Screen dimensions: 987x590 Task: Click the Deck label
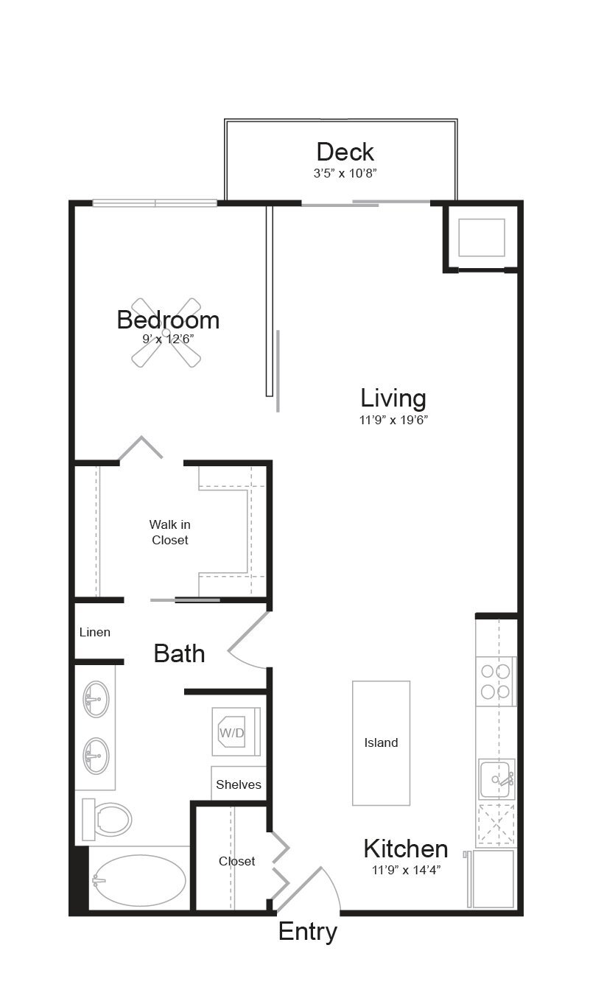point(345,152)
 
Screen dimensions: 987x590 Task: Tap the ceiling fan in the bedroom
point(166,332)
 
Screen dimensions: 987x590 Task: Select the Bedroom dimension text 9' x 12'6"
point(168,340)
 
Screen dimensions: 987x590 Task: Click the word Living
point(393,398)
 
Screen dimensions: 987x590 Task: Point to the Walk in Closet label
point(169,532)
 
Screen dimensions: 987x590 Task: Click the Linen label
point(95,632)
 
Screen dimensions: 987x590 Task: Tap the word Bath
point(179,653)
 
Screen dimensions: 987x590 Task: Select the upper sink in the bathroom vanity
point(96,699)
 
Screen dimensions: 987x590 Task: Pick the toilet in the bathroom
point(108,819)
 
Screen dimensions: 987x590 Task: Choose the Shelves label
point(239,784)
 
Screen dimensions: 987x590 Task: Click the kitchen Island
point(381,742)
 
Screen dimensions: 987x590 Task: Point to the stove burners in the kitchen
point(496,681)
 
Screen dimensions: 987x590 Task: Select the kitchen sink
point(496,779)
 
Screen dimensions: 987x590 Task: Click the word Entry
point(308,932)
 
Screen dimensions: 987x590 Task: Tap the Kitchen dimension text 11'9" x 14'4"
point(406,869)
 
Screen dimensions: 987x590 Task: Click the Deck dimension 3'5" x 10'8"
point(345,173)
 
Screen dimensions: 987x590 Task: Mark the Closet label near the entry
point(237,861)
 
